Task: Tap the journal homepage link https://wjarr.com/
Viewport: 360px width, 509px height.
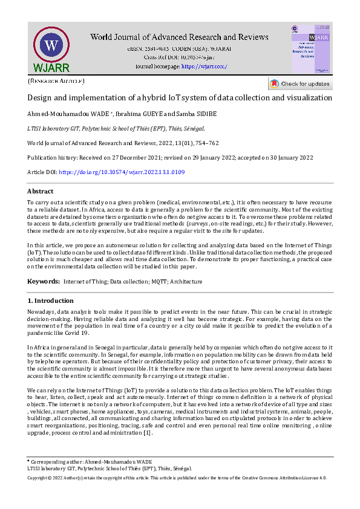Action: [204, 66]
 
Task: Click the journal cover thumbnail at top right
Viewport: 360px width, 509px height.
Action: [310, 49]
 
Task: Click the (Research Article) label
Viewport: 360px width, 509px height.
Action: [56, 80]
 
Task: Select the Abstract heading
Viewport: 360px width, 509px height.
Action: [41, 192]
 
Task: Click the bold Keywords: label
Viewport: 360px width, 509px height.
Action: [44, 282]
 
